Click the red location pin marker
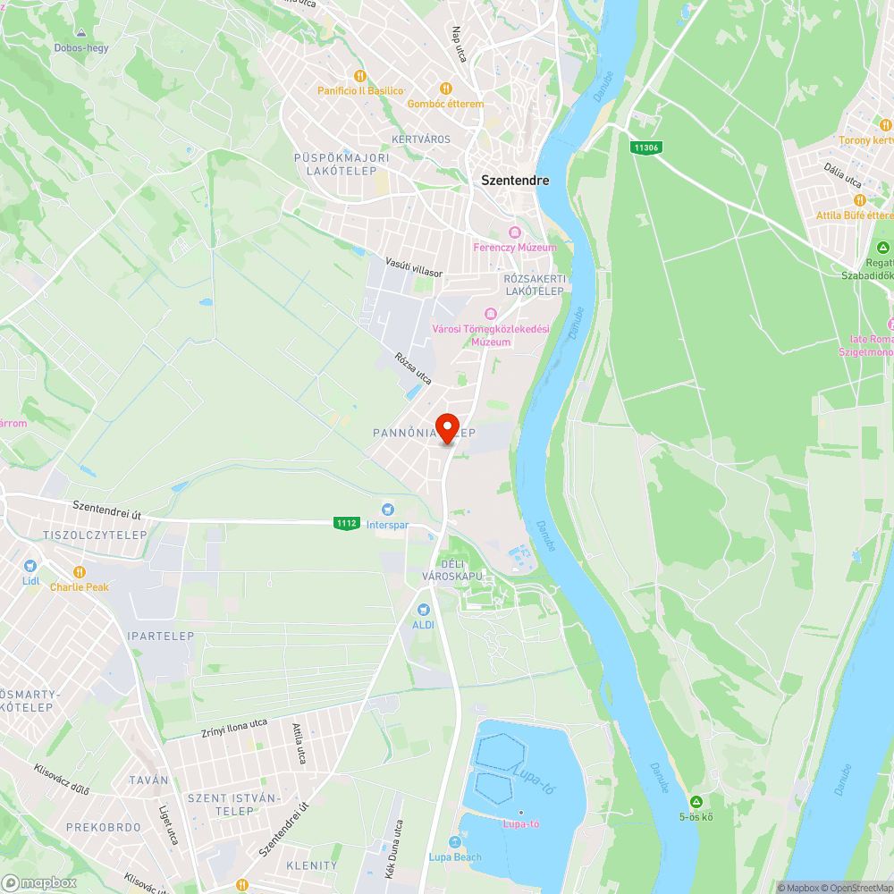[x=447, y=427]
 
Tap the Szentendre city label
[x=515, y=180]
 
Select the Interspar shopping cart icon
[x=388, y=509]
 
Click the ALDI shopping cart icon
[x=423, y=609]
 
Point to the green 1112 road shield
[x=346, y=523]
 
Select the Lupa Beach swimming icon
[x=455, y=842]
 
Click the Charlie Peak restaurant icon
[x=79, y=571]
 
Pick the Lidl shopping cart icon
[x=30, y=566]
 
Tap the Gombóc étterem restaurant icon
[x=445, y=89]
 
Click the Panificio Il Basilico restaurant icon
[x=360, y=76]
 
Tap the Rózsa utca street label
[x=413, y=368]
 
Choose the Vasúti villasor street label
[x=414, y=266]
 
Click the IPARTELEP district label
[x=161, y=637]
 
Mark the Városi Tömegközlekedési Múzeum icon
[x=490, y=314]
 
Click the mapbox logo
[x=41, y=882]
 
